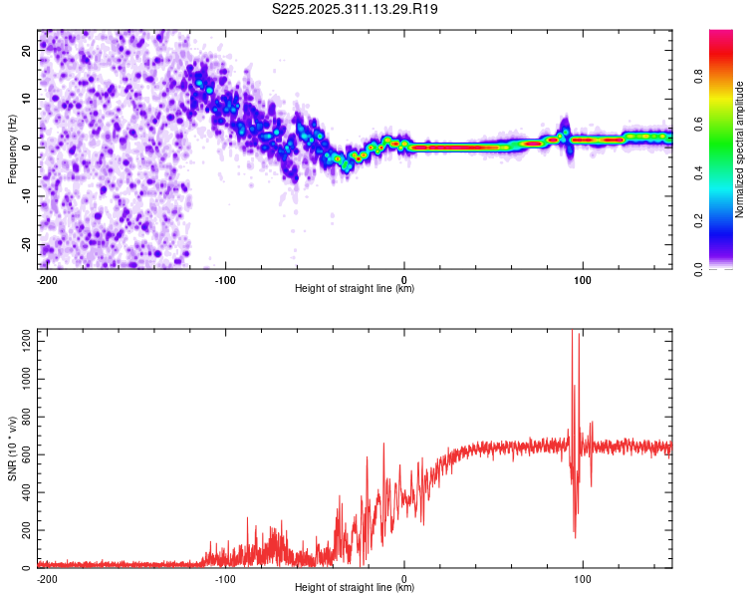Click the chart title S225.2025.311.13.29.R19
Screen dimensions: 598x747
click(356, 9)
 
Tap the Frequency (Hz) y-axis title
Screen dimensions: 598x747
click(13, 149)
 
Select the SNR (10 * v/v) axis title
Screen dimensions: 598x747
click(13, 448)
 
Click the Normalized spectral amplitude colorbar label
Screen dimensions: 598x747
click(740, 149)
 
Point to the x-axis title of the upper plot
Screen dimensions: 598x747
click(355, 288)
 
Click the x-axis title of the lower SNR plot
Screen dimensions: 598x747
click(355, 587)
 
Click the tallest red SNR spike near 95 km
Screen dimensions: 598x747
click(572, 335)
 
